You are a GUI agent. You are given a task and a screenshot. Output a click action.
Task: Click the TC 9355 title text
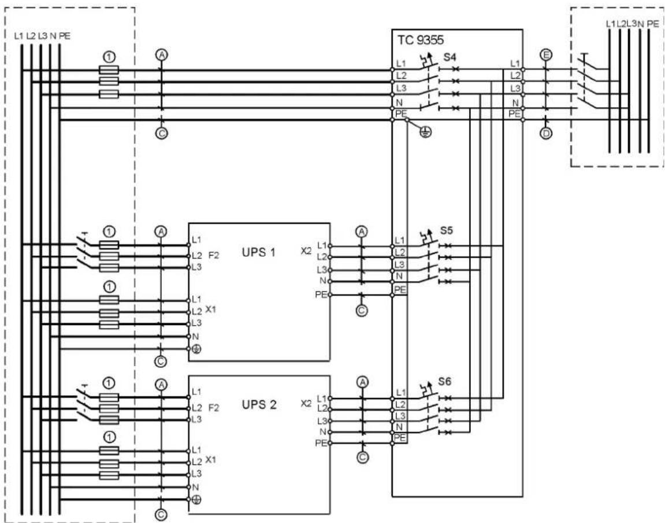(x=420, y=40)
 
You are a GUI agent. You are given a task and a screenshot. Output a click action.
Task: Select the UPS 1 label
(x=259, y=252)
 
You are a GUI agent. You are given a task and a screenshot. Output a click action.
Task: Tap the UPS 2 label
(x=259, y=404)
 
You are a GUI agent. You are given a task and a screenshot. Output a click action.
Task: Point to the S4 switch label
(x=450, y=57)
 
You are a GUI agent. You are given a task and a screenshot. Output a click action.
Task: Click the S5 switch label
(x=446, y=230)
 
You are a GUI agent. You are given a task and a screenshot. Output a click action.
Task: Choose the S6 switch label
(x=444, y=381)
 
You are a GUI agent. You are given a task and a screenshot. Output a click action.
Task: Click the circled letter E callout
(x=546, y=55)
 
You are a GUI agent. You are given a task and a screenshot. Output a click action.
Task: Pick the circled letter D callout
(x=546, y=133)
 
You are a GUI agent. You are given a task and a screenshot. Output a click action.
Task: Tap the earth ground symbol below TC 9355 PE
(x=425, y=132)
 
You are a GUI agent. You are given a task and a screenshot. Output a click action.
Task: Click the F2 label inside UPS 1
(x=214, y=256)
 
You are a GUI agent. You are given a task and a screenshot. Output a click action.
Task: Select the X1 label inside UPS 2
(x=210, y=460)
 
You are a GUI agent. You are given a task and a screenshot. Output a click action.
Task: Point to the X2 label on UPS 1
(x=306, y=251)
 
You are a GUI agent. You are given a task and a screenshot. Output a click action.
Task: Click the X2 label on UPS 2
(x=306, y=403)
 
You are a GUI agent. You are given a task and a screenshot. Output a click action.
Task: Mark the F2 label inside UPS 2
(x=214, y=408)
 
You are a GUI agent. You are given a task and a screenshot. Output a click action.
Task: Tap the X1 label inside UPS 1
(x=210, y=310)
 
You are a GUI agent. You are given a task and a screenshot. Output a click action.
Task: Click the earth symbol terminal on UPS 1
(x=196, y=349)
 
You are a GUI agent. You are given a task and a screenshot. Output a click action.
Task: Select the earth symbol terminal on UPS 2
(x=196, y=500)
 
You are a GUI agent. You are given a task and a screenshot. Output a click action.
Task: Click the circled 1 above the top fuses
(x=109, y=57)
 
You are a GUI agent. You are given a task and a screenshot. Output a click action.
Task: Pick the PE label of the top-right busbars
(x=653, y=24)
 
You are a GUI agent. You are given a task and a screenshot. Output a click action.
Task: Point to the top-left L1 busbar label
(x=18, y=36)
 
